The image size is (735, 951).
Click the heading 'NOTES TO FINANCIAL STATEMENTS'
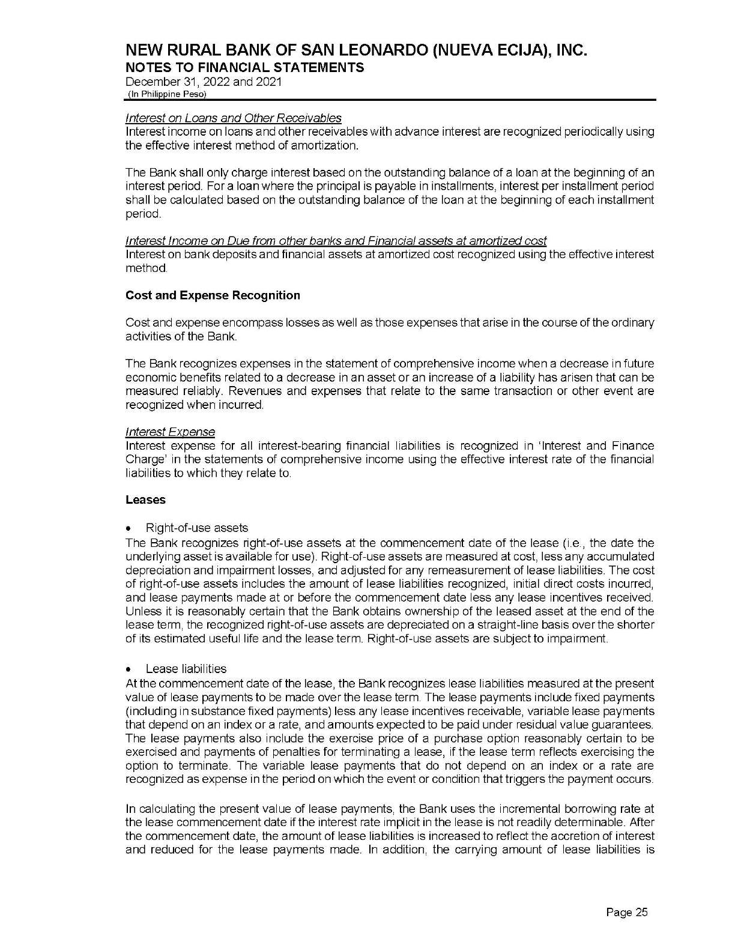tap(244, 67)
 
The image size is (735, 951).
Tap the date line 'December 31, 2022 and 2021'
tap(204, 82)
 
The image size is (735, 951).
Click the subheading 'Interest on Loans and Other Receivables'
tap(234, 118)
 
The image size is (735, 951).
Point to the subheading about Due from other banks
tap(336, 241)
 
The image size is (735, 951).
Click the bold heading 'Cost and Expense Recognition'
tap(213, 295)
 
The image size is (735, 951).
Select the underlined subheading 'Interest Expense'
tap(170, 432)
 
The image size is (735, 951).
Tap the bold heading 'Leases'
tap(145, 500)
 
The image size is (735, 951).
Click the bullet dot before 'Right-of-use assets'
tap(130, 528)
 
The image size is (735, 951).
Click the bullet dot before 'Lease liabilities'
tap(130, 669)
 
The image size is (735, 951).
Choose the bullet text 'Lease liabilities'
tap(186, 669)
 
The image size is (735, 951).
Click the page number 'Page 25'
tap(627, 913)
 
